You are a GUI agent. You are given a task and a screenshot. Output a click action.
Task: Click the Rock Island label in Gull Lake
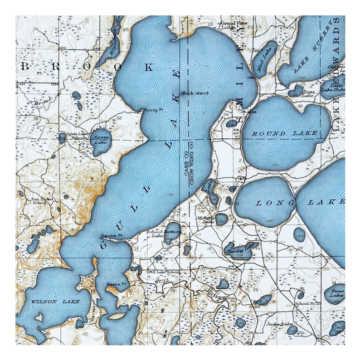click(195, 93)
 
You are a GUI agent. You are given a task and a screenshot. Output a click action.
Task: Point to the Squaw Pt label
click(112, 236)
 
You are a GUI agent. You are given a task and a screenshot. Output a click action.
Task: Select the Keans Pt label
click(116, 284)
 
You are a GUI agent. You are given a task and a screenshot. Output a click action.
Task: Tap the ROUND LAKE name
click(285, 133)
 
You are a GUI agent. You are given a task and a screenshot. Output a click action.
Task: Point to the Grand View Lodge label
click(232, 24)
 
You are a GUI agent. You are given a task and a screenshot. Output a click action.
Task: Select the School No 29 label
click(308, 303)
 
